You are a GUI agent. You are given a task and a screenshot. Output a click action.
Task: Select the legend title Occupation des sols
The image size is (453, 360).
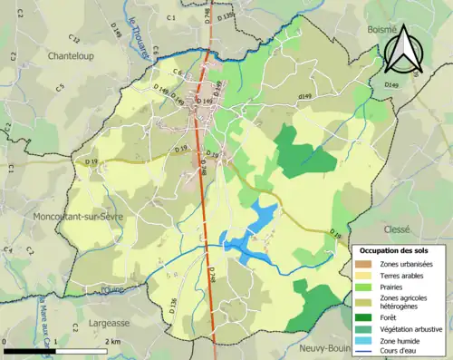(397, 249)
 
